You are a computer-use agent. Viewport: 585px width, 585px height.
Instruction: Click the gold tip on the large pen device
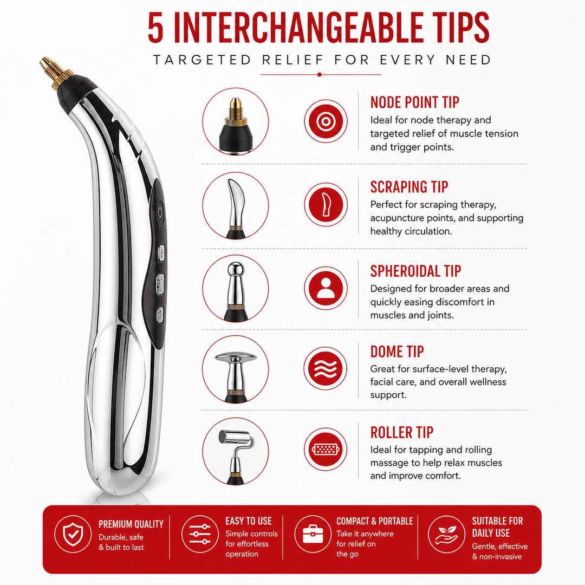(55, 73)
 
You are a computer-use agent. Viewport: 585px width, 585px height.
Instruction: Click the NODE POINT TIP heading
(414, 102)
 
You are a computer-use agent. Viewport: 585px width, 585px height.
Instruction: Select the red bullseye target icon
(326, 121)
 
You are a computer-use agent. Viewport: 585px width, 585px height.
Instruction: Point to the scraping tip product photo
(236, 206)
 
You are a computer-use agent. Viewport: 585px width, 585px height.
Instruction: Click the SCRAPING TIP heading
(409, 187)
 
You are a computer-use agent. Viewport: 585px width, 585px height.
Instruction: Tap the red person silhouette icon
(326, 288)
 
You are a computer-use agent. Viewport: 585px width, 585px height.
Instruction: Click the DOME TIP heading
(397, 352)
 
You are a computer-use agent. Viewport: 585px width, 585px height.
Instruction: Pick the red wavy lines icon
(326, 368)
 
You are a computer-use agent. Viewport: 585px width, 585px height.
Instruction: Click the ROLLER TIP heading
(402, 432)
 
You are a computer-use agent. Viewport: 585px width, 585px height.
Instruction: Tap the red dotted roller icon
(326, 449)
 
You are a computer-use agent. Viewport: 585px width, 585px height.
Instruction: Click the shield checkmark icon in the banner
(73, 534)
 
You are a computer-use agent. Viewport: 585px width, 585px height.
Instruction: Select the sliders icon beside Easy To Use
(200, 534)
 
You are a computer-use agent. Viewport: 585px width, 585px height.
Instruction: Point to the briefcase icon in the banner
(313, 534)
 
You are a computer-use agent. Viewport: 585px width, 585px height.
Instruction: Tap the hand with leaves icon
(446, 534)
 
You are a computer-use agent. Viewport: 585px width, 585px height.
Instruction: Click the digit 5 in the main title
(155, 28)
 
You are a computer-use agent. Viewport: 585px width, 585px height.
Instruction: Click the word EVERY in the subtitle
(408, 60)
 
